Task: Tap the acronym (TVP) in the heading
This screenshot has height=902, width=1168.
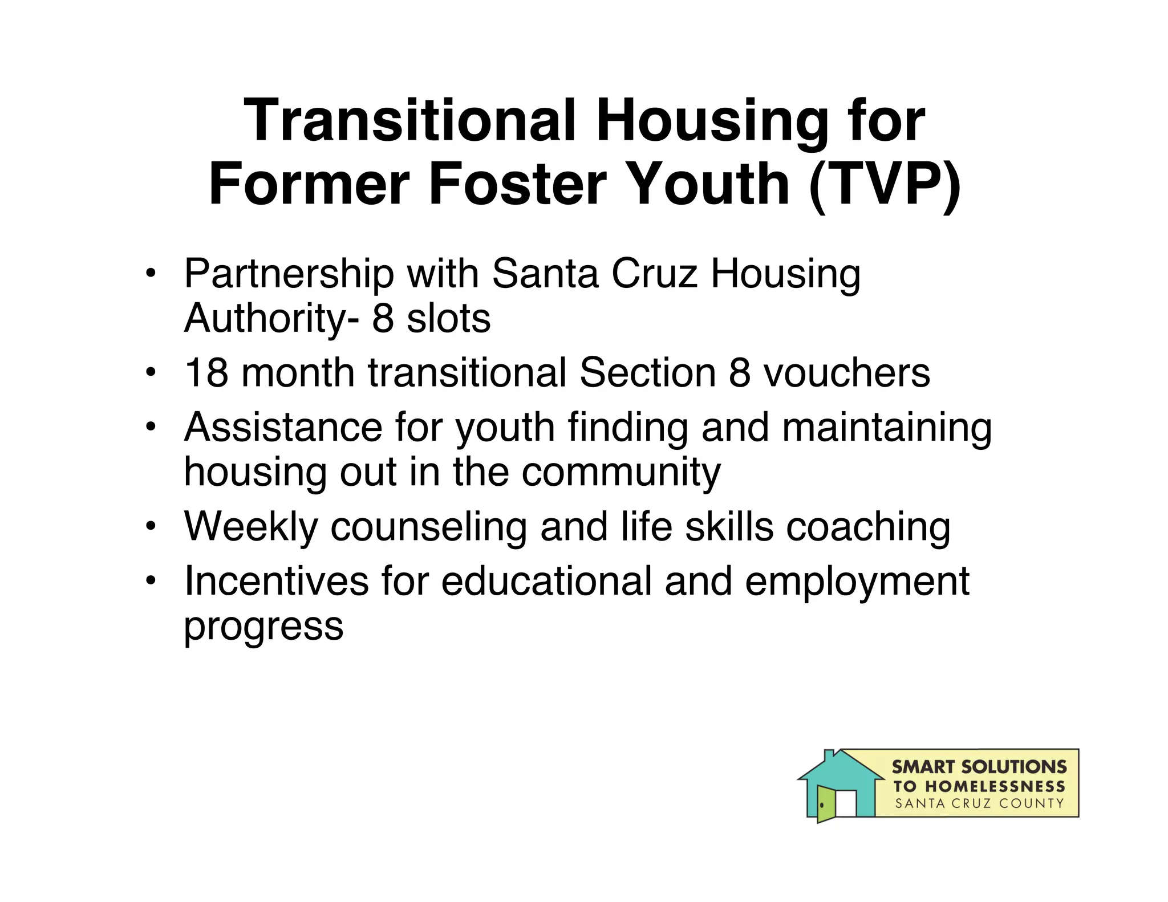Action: click(885, 184)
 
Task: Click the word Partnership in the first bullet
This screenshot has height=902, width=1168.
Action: click(289, 275)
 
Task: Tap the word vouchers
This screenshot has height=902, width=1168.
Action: click(846, 373)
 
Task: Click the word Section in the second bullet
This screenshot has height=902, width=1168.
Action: click(647, 373)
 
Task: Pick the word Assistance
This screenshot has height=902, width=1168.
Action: click(283, 427)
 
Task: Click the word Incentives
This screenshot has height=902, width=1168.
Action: click(276, 581)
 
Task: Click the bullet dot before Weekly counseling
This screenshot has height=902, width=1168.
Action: click(150, 526)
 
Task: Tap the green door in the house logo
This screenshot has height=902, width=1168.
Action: click(825, 803)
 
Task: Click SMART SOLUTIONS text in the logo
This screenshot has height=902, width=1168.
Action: click(979, 767)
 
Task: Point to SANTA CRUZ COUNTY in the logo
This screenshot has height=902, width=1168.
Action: click(979, 804)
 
